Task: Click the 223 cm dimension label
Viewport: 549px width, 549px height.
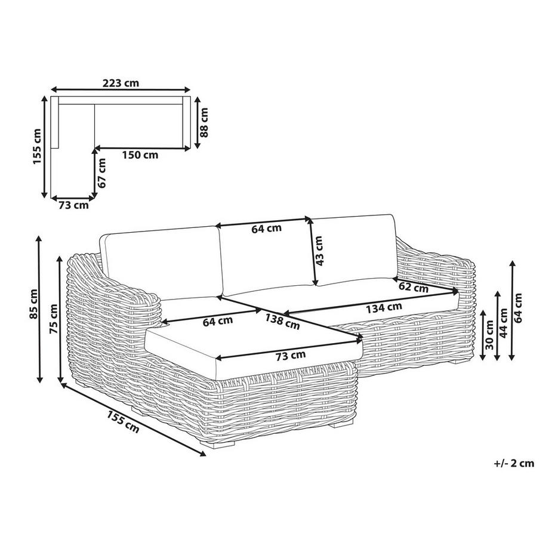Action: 121,83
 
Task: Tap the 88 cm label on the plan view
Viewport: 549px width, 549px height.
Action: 203,122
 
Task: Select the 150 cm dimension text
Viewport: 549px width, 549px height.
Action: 140,155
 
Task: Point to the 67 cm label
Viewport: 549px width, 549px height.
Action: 101,173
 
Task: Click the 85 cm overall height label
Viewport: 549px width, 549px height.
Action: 33,304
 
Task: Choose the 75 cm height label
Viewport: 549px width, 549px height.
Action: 54,319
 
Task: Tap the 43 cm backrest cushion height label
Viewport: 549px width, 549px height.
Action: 319,251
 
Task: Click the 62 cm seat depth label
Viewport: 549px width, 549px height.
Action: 414,287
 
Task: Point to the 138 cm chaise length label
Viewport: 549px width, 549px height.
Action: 282,322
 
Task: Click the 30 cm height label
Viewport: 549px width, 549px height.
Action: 489,335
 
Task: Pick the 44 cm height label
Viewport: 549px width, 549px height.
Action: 504,323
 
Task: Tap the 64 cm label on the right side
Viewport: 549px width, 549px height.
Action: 518,308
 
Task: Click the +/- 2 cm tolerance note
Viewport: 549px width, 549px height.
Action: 514,463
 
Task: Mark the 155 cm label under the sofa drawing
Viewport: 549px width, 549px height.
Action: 123,421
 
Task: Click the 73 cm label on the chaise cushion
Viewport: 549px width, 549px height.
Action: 291,356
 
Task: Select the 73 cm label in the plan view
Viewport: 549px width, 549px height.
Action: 73,205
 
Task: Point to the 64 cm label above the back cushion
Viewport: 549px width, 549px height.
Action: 267,229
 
